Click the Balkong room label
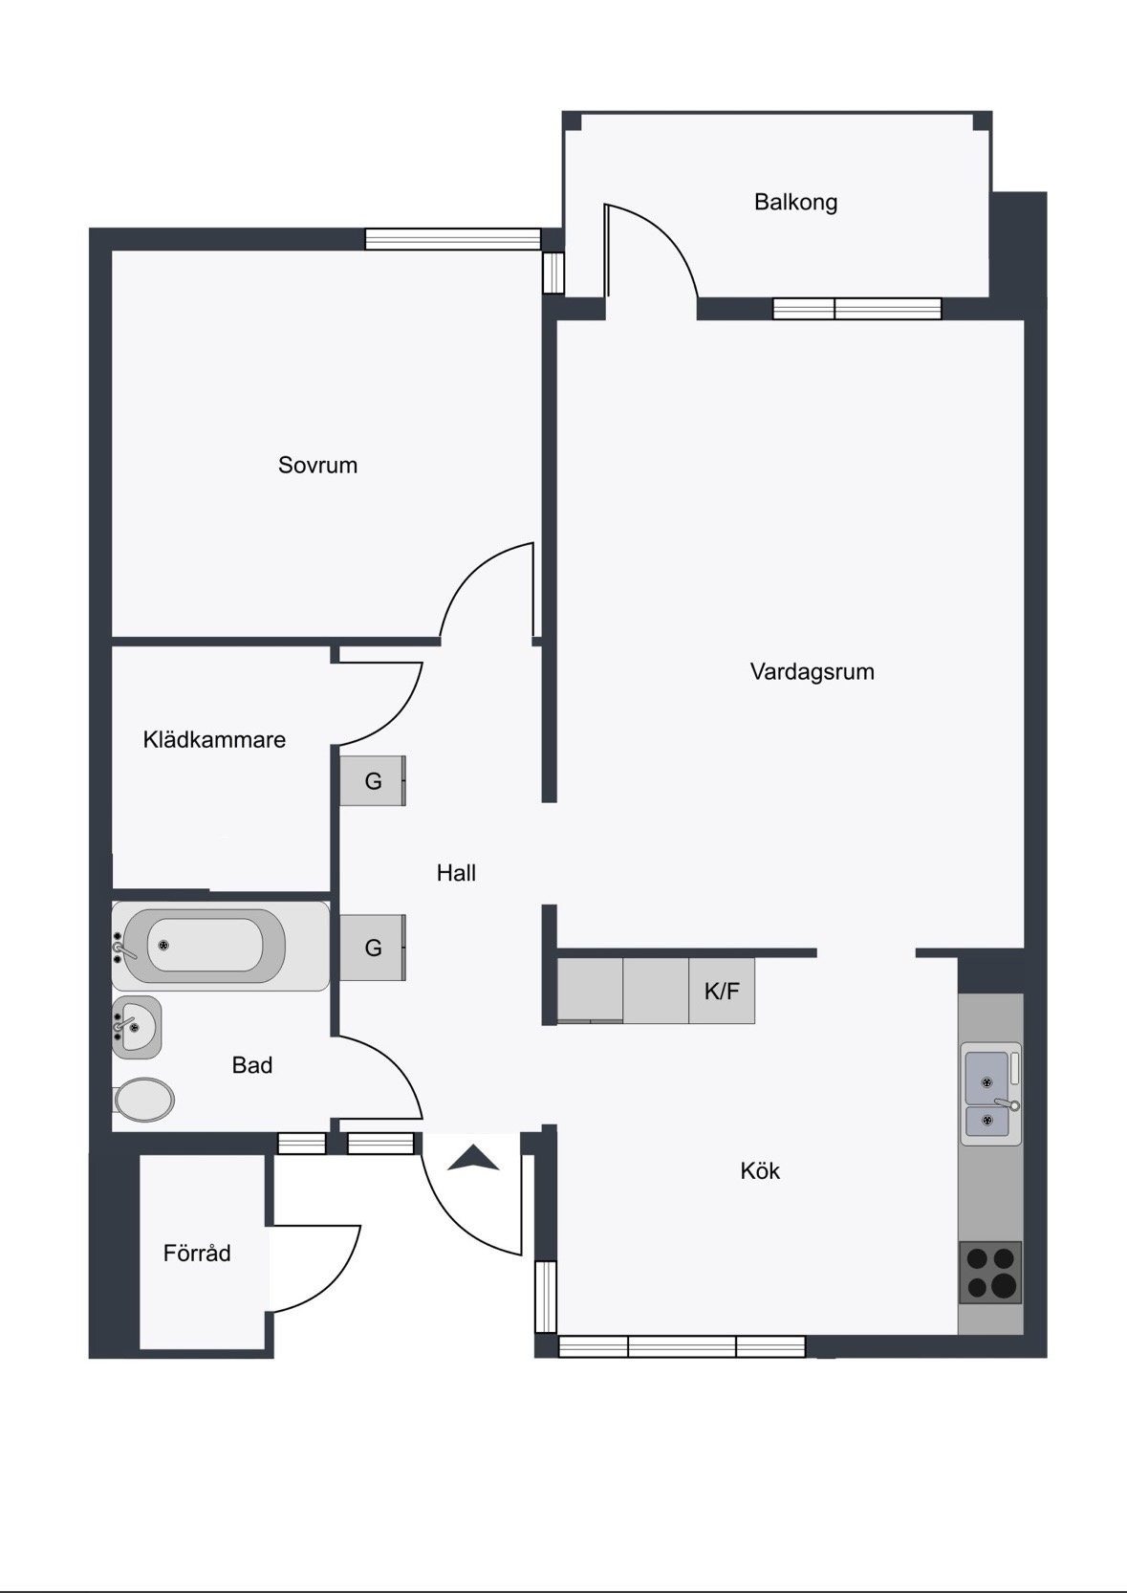(x=795, y=203)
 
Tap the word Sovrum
(x=318, y=465)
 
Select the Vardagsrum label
(x=812, y=672)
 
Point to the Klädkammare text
(x=214, y=740)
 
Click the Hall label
(x=456, y=873)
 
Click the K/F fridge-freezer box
(x=722, y=991)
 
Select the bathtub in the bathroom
(x=221, y=946)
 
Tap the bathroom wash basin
(x=137, y=1027)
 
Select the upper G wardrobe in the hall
(x=373, y=781)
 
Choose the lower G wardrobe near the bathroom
(x=373, y=948)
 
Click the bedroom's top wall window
(x=453, y=239)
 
